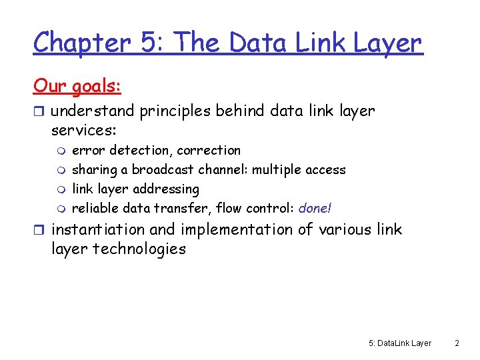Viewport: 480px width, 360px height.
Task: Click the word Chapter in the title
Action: click(81, 43)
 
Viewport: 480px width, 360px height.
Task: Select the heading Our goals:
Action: click(77, 86)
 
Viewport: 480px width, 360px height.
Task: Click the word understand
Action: click(93, 111)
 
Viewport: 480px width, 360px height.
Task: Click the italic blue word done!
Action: click(315, 208)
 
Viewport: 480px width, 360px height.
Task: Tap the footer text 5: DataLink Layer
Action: click(400, 343)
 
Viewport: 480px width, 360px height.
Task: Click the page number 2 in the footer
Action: click(457, 343)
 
